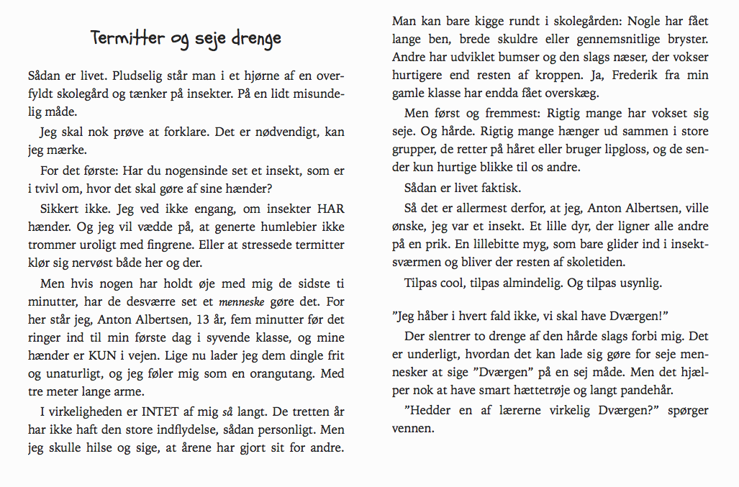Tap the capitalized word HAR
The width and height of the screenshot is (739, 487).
tap(330, 209)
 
